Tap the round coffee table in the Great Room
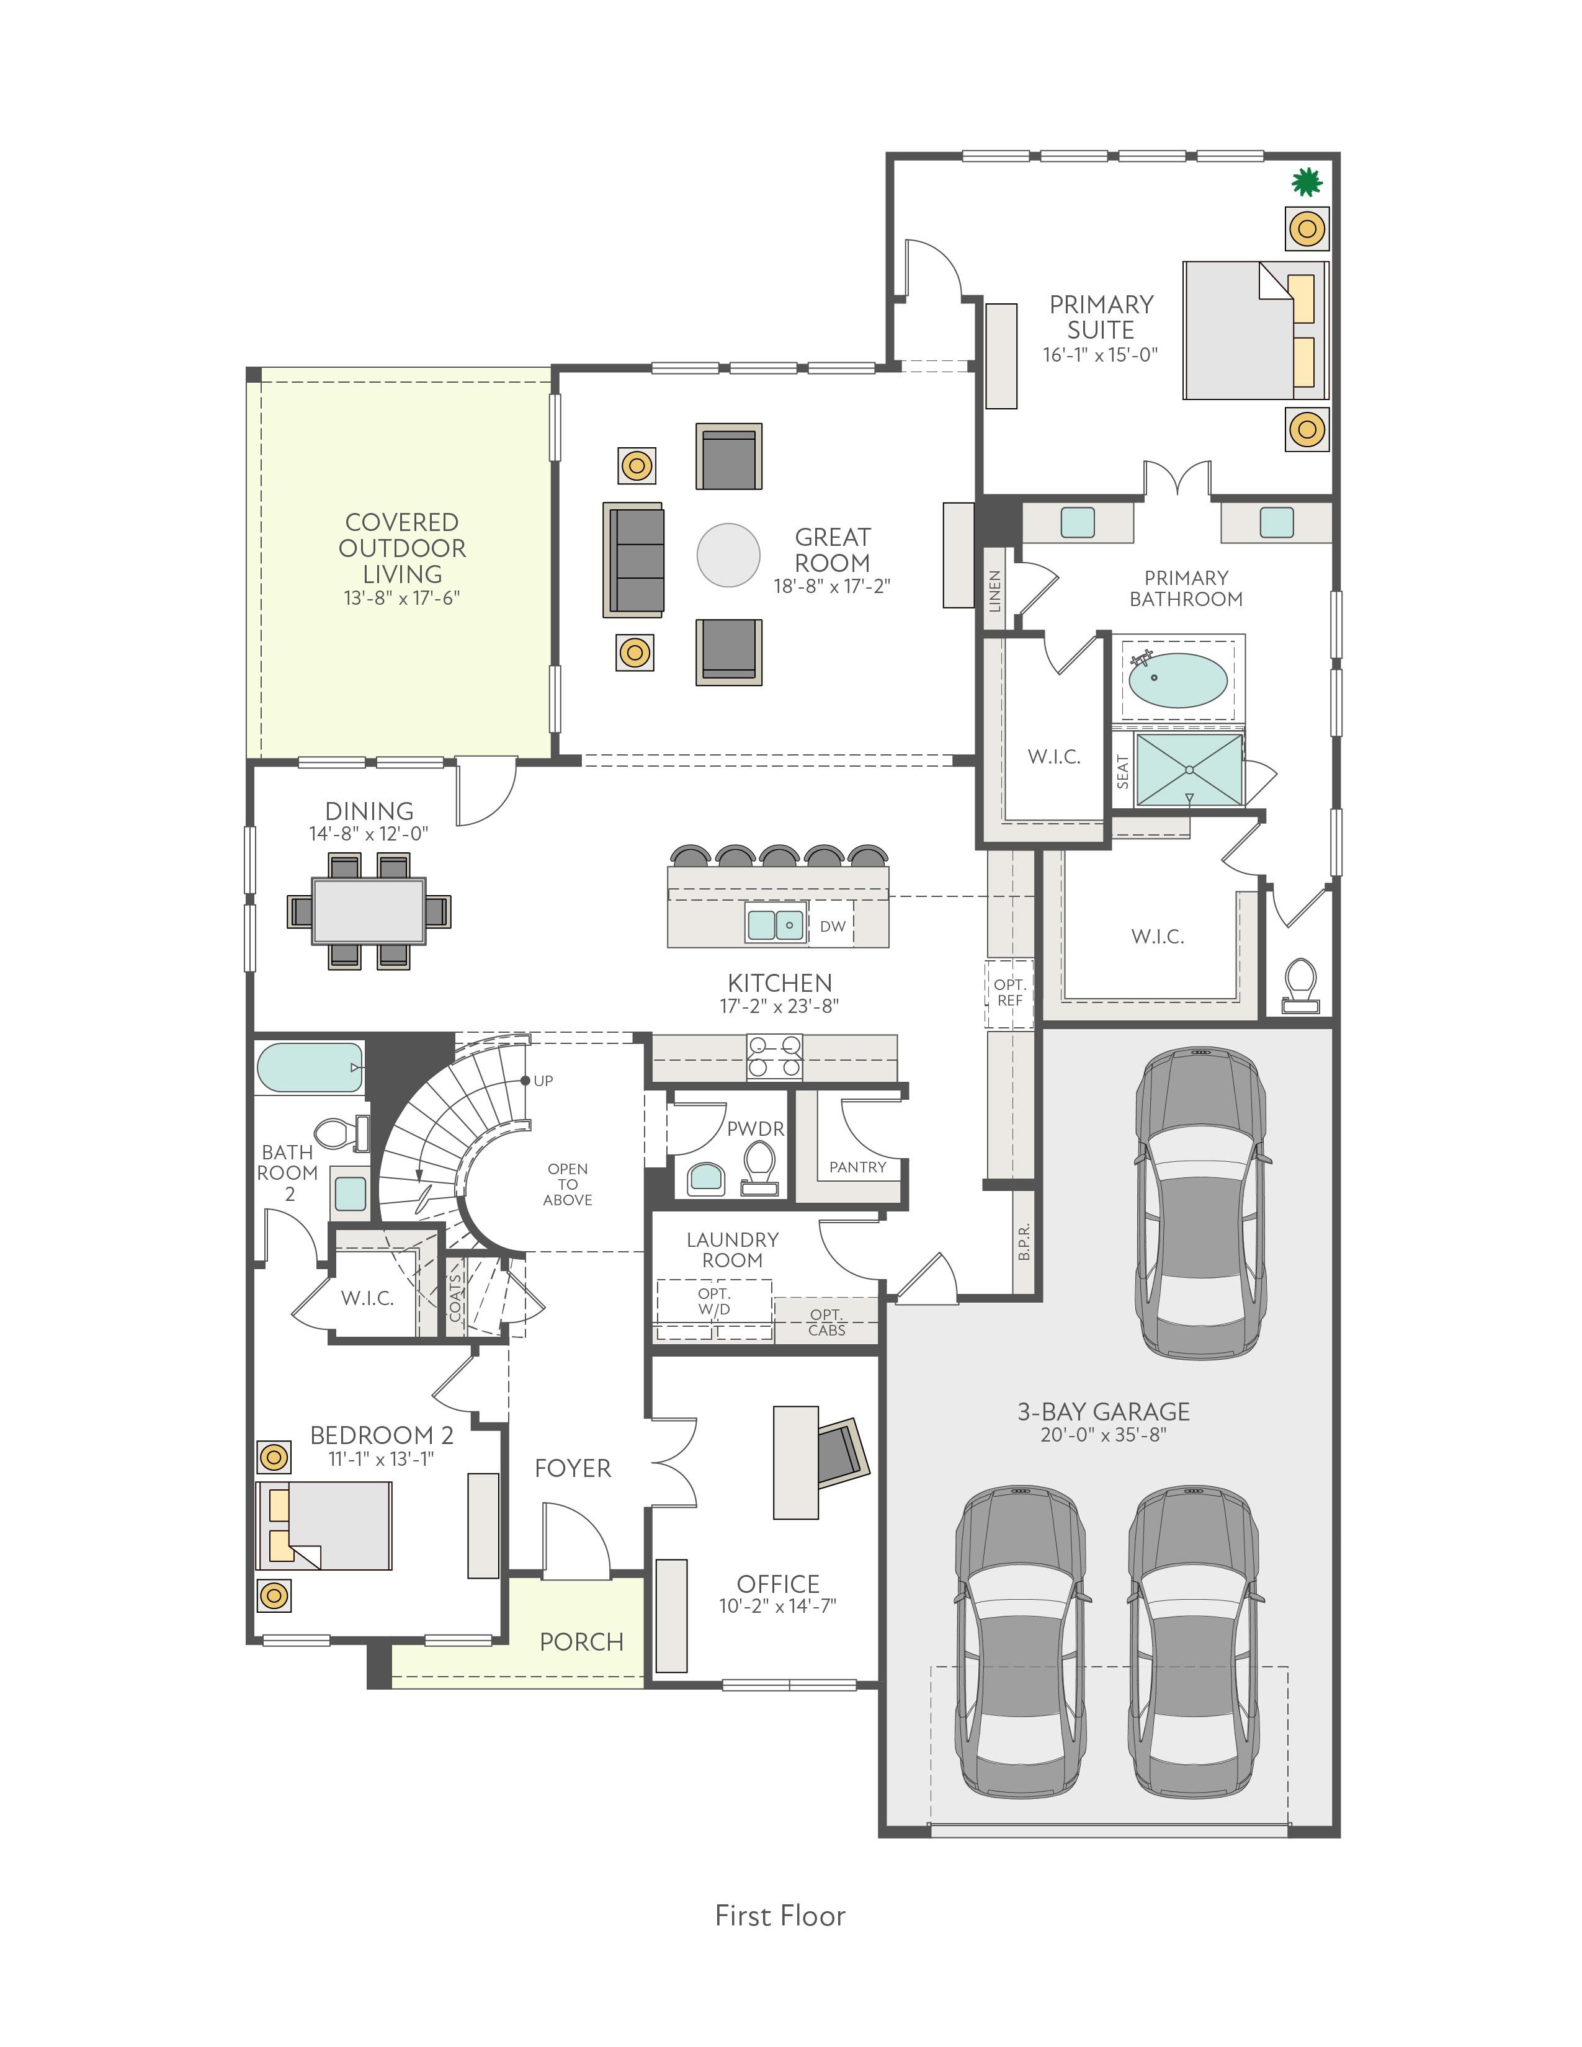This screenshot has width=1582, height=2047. [x=728, y=555]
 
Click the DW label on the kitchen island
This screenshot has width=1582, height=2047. [x=832, y=926]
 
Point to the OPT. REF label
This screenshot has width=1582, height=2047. [x=1009, y=992]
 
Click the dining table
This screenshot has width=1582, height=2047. [x=369, y=910]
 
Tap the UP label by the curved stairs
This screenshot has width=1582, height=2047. [x=543, y=1081]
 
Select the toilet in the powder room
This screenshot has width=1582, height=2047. [x=759, y=1168]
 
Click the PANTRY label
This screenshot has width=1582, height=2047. [x=857, y=1167]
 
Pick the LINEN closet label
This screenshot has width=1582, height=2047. [x=995, y=591]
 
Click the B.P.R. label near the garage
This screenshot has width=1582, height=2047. [x=1024, y=1241]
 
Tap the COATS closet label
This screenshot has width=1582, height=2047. [x=455, y=1297]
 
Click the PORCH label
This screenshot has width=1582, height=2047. [x=581, y=1642]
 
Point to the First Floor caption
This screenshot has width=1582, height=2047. [x=780, y=1915]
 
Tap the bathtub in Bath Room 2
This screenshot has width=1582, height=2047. [x=310, y=1068]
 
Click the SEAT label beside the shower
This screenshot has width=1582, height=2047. [x=1123, y=772]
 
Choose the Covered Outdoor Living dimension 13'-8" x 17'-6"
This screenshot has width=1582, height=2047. [x=402, y=598]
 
